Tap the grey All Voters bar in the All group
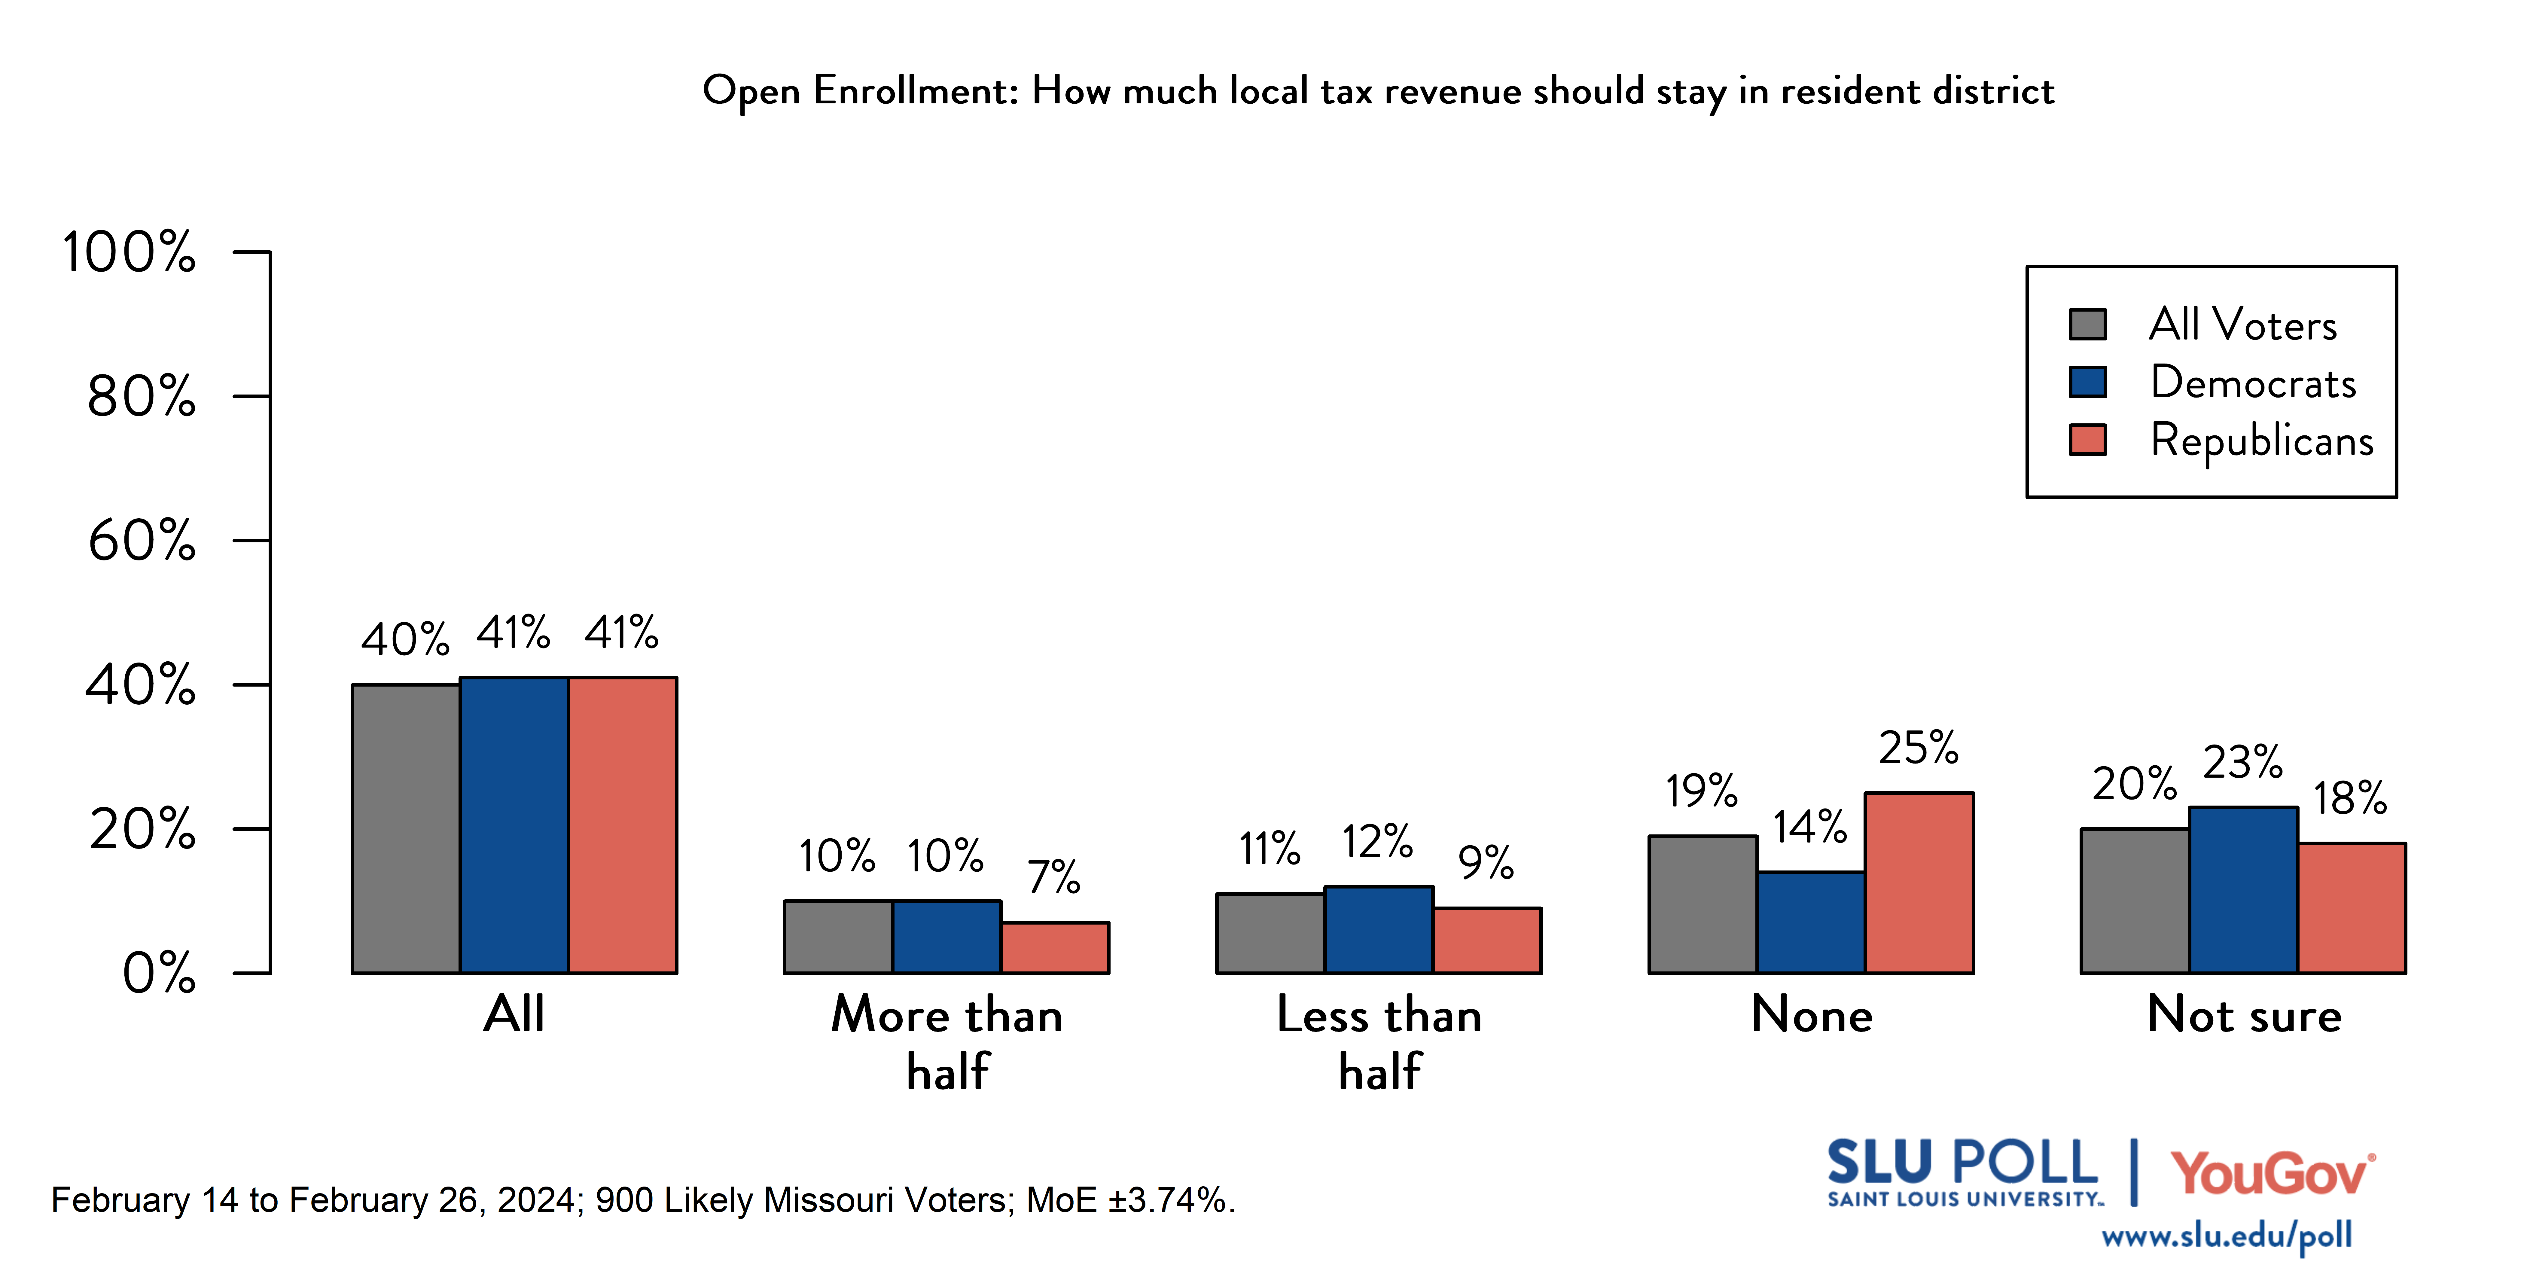(x=406, y=829)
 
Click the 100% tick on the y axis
(x=129, y=253)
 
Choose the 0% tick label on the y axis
(x=159, y=974)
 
